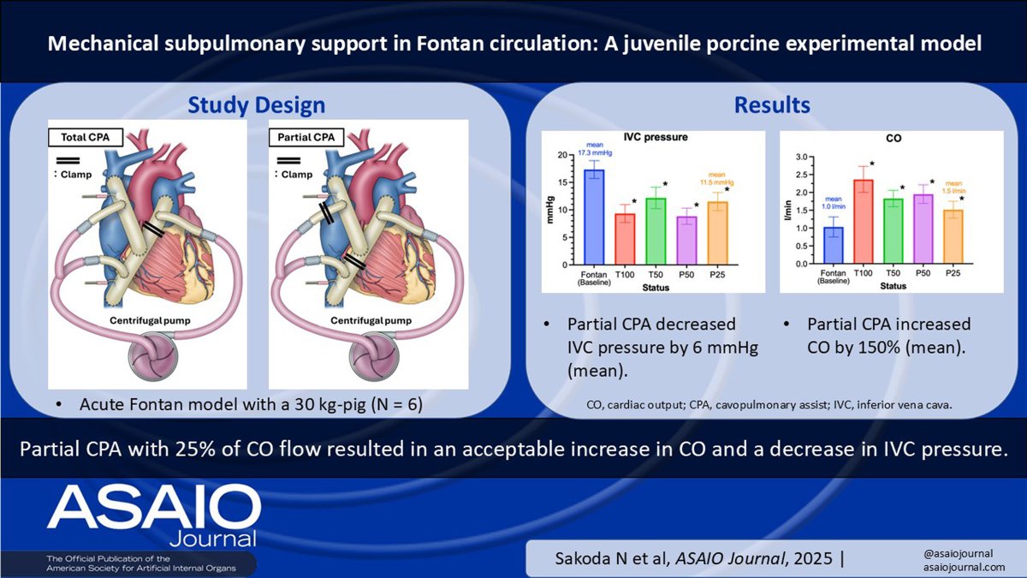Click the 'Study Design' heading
pyautogui.click(x=257, y=105)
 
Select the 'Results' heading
pyautogui.click(x=772, y=105)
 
